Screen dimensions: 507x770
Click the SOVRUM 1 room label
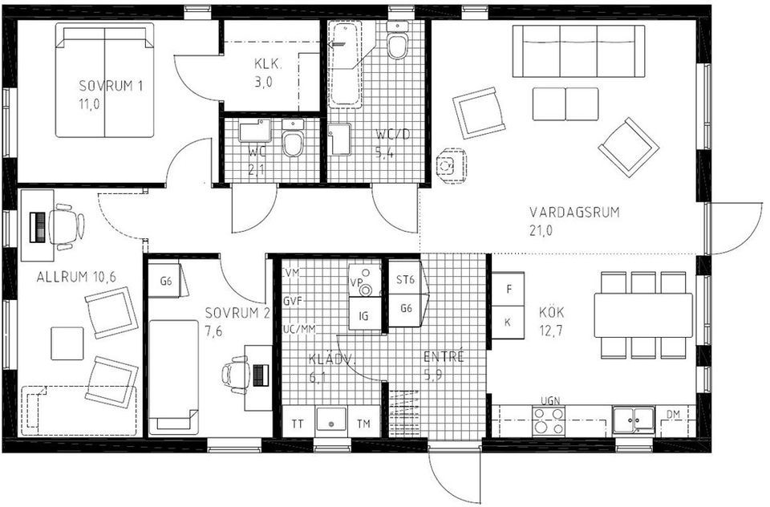(111, 87)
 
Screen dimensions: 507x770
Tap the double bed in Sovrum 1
(104, 80)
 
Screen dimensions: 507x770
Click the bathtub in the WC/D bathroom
(346, 64)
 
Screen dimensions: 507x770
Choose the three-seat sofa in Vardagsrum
(578, 51)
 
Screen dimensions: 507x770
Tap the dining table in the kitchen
(642, 314)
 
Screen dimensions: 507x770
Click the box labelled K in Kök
(507, 322)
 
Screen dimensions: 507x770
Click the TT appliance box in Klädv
(298, 423)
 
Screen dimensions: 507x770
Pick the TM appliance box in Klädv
(363, 423)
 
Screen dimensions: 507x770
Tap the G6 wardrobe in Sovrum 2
(166, 281)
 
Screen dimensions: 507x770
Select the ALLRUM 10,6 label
(76, 277)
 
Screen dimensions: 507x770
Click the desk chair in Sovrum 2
(236, 374)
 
